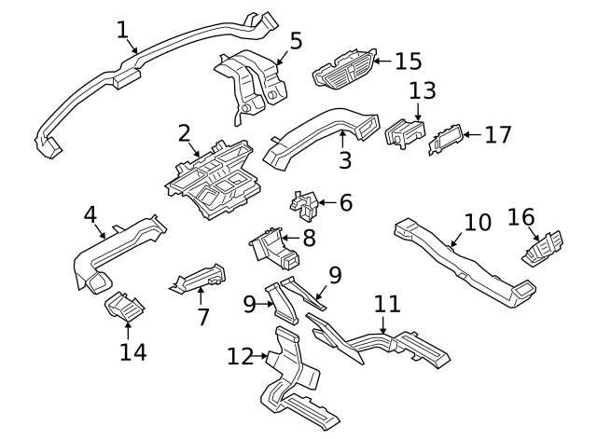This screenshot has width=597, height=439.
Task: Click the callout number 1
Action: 122,30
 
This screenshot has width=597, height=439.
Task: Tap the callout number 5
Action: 296,41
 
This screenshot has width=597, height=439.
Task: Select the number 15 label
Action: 409,62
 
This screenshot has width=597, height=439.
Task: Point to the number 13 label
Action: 422,91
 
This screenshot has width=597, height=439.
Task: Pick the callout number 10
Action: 477,224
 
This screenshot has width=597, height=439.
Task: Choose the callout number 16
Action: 521,218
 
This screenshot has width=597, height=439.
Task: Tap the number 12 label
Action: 241,355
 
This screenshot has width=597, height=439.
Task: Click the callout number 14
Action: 133,351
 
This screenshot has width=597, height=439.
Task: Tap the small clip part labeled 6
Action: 303,204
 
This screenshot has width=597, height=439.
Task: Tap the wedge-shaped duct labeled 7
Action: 198,276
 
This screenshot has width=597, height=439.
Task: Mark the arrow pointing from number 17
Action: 472,134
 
